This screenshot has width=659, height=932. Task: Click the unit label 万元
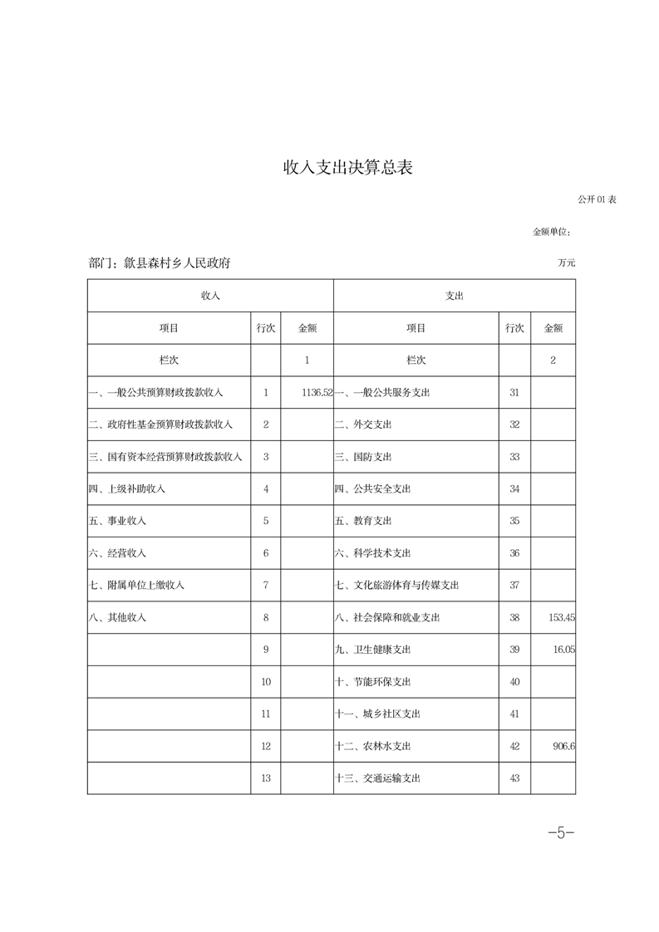(567, 263)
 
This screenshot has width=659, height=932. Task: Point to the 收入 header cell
(210, 296)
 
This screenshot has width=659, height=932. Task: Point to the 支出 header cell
(455, 296)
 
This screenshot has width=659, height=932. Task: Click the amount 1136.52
(317, 392)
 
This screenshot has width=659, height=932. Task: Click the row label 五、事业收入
(117, 521)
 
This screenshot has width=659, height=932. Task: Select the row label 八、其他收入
(117, 617)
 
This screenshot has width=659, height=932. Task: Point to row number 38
(514, 617)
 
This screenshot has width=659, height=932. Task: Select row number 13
(266, 778)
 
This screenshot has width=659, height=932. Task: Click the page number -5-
(561, 832)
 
